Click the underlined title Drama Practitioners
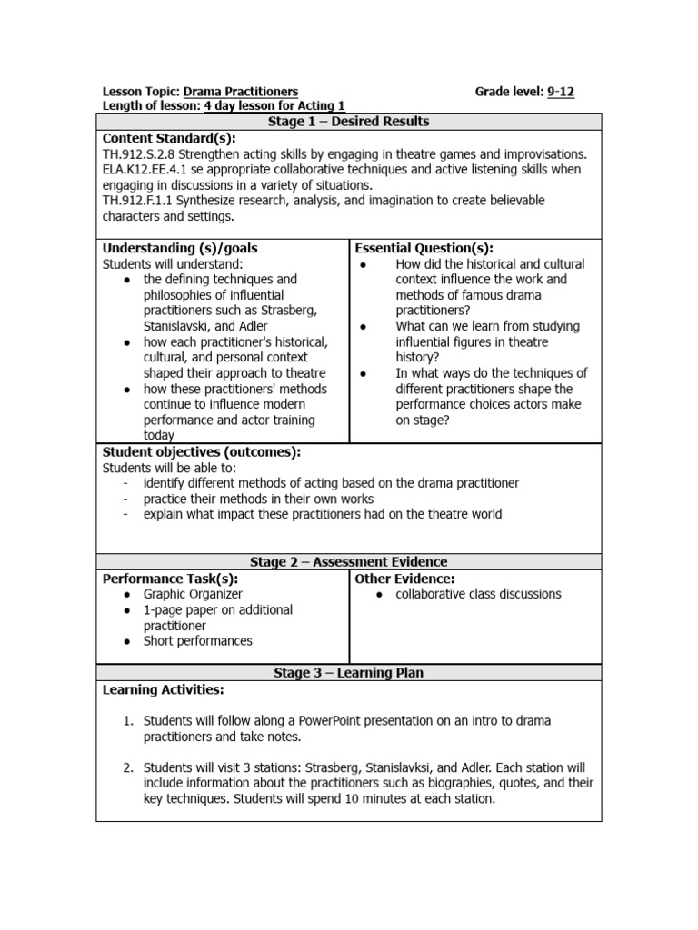point(241,92)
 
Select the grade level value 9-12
point(561,92)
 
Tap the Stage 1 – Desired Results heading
point(348,122)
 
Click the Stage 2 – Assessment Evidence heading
point(348,562)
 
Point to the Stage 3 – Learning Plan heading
point(348,673)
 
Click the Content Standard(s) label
point(168,138)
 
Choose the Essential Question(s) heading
point(424,248)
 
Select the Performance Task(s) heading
point(170,579)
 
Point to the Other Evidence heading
point(404,579)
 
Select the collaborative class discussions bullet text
point(478,594)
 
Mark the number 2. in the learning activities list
point(128,768)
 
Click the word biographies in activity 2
point(490,784)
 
